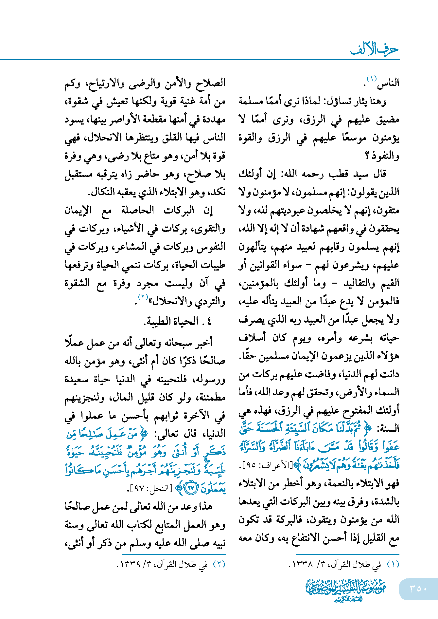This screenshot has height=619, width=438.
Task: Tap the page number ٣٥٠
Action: pos(418,589)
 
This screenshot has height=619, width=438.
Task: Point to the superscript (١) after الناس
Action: pos(372,79)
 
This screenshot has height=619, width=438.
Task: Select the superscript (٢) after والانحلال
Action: pos(143,297)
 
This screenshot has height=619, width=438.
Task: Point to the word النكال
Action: pos(103,192)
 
